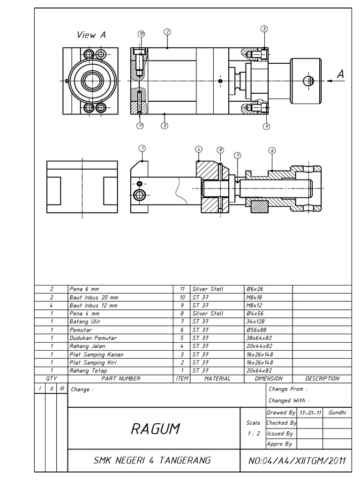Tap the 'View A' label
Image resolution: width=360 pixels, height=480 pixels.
click(92, 35)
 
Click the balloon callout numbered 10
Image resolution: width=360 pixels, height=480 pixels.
click(141, 34)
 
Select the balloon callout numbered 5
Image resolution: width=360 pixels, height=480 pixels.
click(264, 29)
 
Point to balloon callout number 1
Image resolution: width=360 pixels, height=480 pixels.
click(142, 148)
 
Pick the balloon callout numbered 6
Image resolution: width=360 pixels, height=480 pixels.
click(272, 150)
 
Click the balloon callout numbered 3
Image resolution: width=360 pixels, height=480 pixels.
click(165, 125)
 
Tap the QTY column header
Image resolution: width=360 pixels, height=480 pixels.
click(52, 378)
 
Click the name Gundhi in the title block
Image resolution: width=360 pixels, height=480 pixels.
click(337, 412)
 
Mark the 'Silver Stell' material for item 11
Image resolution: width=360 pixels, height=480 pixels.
click(208, 289)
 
